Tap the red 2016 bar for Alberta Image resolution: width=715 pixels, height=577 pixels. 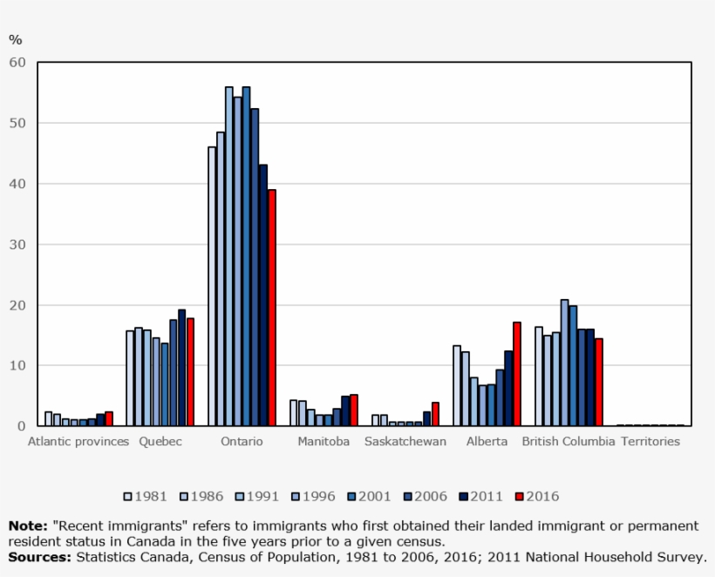click(x=517, y=374)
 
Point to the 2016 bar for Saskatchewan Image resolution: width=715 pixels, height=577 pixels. click(x=435, y=414)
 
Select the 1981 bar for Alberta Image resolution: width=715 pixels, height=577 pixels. click(x=457, y=385)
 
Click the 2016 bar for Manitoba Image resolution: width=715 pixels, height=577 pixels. click(x=354, y=411)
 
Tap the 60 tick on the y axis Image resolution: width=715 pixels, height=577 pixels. click(x=17, y=63)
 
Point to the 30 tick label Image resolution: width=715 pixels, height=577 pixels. click(x=17, y=245)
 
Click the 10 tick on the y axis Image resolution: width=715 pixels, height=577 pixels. click(x=17, y=366)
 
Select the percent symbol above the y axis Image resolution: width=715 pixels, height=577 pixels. click(x=15, y=39)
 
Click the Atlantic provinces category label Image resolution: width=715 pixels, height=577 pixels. click(x=78, y=442)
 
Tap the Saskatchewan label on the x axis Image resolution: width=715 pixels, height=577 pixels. click(x=405, y=442)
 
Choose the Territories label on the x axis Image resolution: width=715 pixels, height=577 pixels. click(x=650, y=442)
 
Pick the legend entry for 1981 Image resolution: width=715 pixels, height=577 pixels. click(x=145, y=497)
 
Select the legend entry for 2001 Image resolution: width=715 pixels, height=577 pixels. click(x=369, y=497)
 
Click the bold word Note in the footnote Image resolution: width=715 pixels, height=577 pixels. click(x=27, y=526)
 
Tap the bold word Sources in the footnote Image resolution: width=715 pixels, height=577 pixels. click(x=39, y=556)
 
